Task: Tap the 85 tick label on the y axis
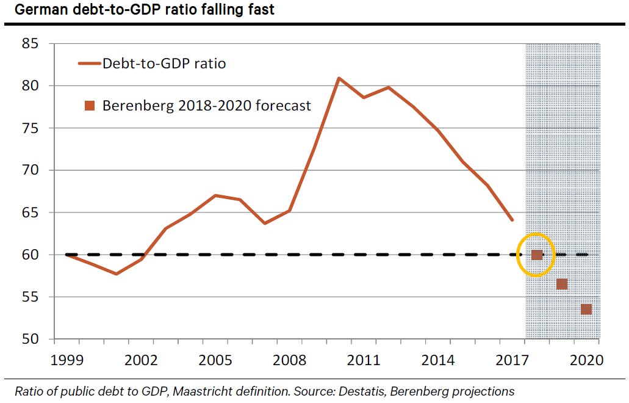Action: pos(31,44)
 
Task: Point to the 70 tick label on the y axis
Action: pos(31,170)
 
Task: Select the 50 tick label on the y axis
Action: pos(31,339)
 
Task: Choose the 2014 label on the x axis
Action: pos(437,360)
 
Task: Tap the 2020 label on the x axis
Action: pos(587,360)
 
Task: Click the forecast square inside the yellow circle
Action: pos(537,255)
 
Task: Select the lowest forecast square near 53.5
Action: pos(586,310)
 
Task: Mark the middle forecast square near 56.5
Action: pos(562,284)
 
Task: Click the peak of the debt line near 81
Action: pos(339,78)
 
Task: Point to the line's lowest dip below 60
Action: pos(116,274)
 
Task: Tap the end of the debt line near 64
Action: pos(512,220)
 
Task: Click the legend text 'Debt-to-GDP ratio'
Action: pos(164,63)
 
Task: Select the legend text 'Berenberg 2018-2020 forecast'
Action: pos(206,106)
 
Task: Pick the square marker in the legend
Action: pos(90,106)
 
